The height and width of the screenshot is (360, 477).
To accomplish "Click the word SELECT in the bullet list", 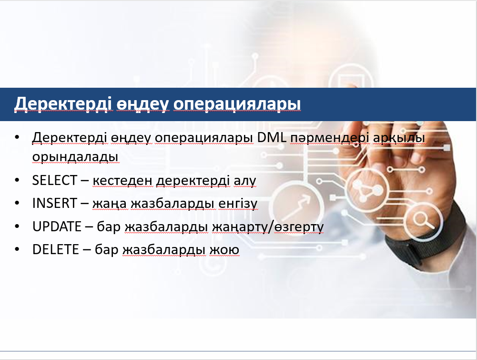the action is tap(54, 180).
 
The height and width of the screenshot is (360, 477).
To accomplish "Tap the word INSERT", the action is tap(54, 203).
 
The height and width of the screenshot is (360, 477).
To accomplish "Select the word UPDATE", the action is tap(57, 226).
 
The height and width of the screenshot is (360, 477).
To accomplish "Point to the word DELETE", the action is tap(56, 249).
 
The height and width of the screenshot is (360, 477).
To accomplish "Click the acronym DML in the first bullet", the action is tap(272, 137).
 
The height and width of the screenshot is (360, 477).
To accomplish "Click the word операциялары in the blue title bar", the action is tap(237, 104).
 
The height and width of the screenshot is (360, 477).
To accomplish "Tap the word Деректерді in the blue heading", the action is tap(63, 104).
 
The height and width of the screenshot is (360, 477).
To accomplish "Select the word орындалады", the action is tap(75, 157).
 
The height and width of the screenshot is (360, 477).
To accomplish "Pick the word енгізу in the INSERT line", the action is tap(238, 204).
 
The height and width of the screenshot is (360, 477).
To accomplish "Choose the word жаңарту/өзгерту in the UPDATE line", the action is tap(267, 227).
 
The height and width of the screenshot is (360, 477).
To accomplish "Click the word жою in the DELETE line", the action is tap(224, 250).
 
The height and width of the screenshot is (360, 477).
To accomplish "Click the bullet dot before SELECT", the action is tap(17, 180).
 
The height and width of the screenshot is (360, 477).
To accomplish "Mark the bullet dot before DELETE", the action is tap(17, 249).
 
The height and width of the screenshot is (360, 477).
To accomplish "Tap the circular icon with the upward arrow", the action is tap(296, 206).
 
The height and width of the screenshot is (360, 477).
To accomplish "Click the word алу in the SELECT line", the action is tap(245, 181).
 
